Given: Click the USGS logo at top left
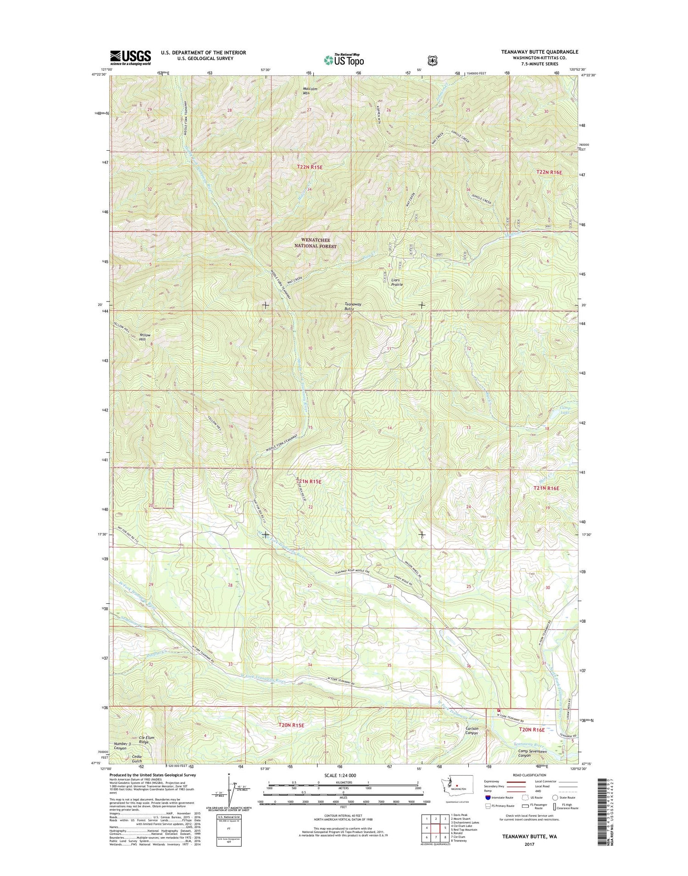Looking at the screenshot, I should pyautogui.click(x=130, y=58).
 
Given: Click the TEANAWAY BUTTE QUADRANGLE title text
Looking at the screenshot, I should pyautogui.click(x=539, y=52).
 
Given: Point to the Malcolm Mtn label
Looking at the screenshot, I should pyautogui.click(x=310, y=91).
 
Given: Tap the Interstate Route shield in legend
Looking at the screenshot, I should pyautogui.click(x=488, y=798).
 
